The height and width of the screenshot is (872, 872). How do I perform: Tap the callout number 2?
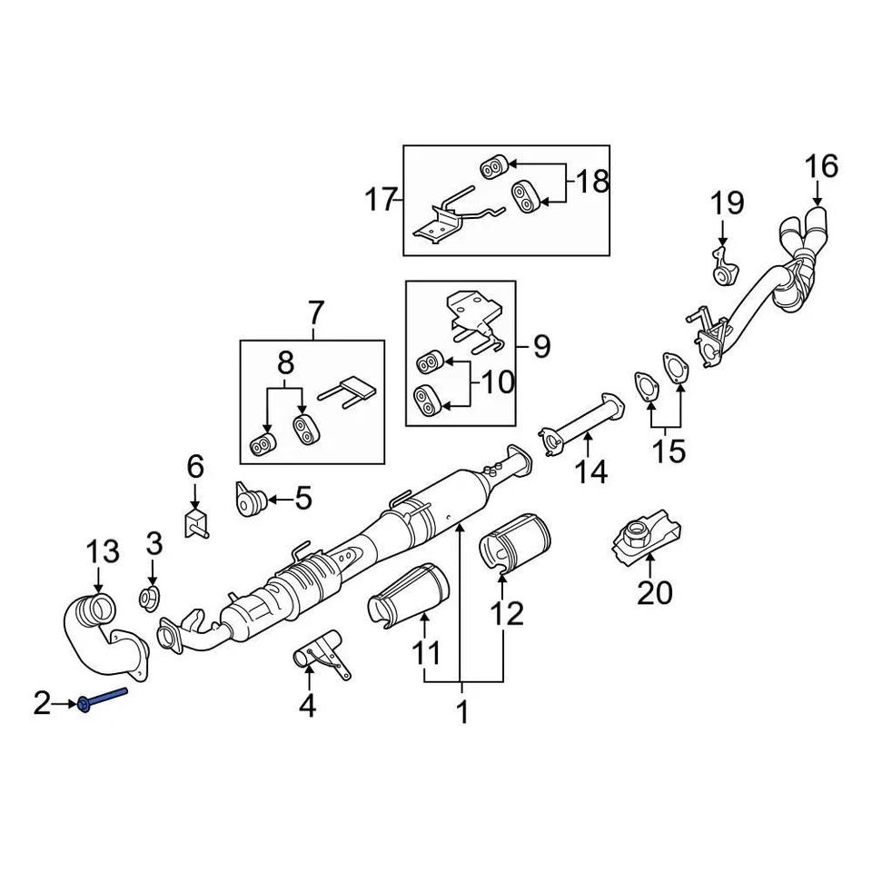click(x=43, y=703)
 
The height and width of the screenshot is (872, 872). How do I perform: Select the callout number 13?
click(x=102, y=551)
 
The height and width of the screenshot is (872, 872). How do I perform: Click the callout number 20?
click(x=654, y=592)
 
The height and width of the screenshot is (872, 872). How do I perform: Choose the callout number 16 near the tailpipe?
click(x=819, y=167)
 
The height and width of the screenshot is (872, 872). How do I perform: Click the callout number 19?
click(x=727, y=202)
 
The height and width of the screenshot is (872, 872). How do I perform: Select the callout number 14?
click(x=589, y=472)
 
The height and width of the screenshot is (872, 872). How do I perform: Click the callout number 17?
click(x=382, y=198)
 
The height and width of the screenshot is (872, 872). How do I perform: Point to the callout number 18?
click(x=590, y=182)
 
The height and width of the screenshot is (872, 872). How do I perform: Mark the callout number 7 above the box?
click(x=314, y=313)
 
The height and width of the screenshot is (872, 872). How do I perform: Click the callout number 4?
click(x=307, y=705)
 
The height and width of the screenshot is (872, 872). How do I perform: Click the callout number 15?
click(x=669, y=451)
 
